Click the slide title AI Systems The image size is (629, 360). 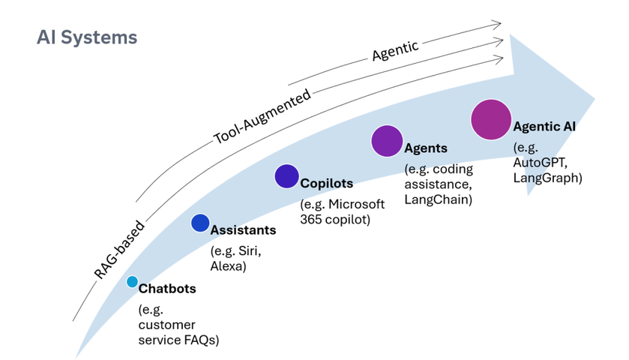(x=87, y=37)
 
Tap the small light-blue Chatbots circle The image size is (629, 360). (x=133, y=282)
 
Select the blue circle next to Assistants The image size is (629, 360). (x=200, y=223)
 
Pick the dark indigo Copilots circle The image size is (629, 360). (x=286, y=176)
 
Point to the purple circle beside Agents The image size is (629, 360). (x=388, y=140)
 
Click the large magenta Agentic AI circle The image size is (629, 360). (x=491, y=119)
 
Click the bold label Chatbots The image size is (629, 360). (x=168, y=289)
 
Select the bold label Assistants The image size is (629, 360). (x=243, y=230)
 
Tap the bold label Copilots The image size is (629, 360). (x=326, y=184)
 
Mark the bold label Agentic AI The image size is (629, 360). (x=546, y=126)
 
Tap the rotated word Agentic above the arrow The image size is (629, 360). (x=395, y=51)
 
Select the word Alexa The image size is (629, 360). (x=228, y=265)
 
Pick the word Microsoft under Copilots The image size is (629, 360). (x=357, y=204)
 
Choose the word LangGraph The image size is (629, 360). (x=547, y=178)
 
